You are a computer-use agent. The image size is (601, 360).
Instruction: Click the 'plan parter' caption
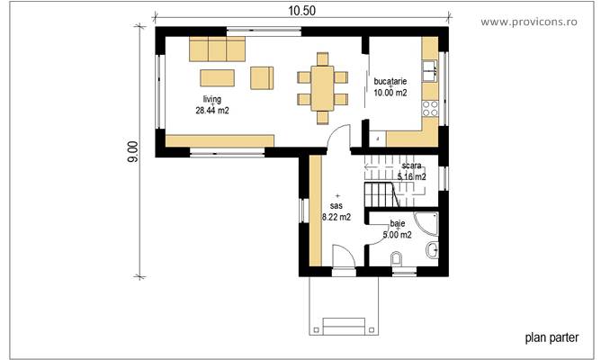pyautogui.click(x=552, y=338)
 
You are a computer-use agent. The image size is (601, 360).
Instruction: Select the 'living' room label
pyautogui.click(x=211, y=99)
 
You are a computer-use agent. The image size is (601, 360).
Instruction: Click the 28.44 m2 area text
pyautogui.click(x=212, y=111)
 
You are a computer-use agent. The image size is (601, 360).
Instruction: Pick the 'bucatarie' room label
pyautogui.click(x=390, y=81)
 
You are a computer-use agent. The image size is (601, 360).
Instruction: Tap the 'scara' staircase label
pyautogui.click(x=412, y=166)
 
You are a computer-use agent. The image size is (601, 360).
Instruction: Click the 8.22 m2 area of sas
pyautogui.click(x=336, y=216)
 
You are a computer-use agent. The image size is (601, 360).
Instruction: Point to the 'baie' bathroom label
pyautogui.click(x=397, y=223)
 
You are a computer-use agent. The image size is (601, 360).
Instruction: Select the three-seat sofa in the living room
pyautogui.click(x=217, y=49)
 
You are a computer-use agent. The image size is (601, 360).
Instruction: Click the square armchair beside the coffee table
pyautogui.click(x=262, y=77)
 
